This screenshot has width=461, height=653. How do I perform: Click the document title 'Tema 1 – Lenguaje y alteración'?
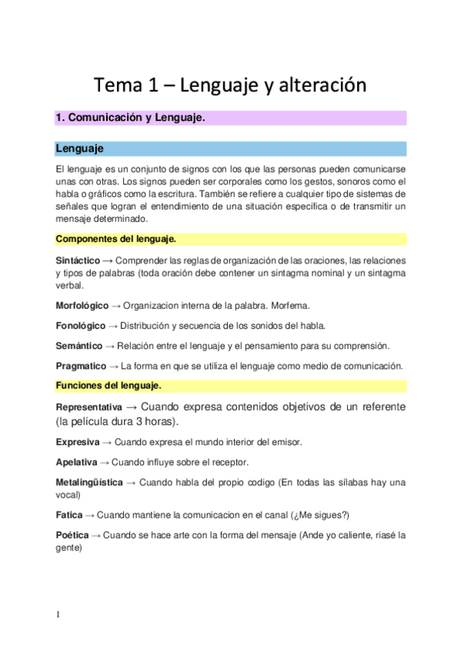coord(230,84)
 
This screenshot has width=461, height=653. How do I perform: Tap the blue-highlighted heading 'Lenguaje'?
coord(80,148)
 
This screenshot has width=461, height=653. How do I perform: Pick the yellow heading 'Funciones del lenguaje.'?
coord(109,385)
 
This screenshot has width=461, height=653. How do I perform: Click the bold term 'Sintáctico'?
coord(78,260)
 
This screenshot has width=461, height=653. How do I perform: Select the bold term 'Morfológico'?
coord(82,305)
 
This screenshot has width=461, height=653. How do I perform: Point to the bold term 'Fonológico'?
coord(80,325)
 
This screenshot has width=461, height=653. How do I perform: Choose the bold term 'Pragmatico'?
coord(81,366)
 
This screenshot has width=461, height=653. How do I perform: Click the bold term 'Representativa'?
coord(89,407)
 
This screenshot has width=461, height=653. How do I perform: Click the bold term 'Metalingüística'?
coord(89,483)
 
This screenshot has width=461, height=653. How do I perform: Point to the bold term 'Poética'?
coord(72,535)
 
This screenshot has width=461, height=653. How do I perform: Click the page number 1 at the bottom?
coord(58,614)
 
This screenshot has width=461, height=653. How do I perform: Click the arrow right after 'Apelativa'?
coord(105,463)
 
